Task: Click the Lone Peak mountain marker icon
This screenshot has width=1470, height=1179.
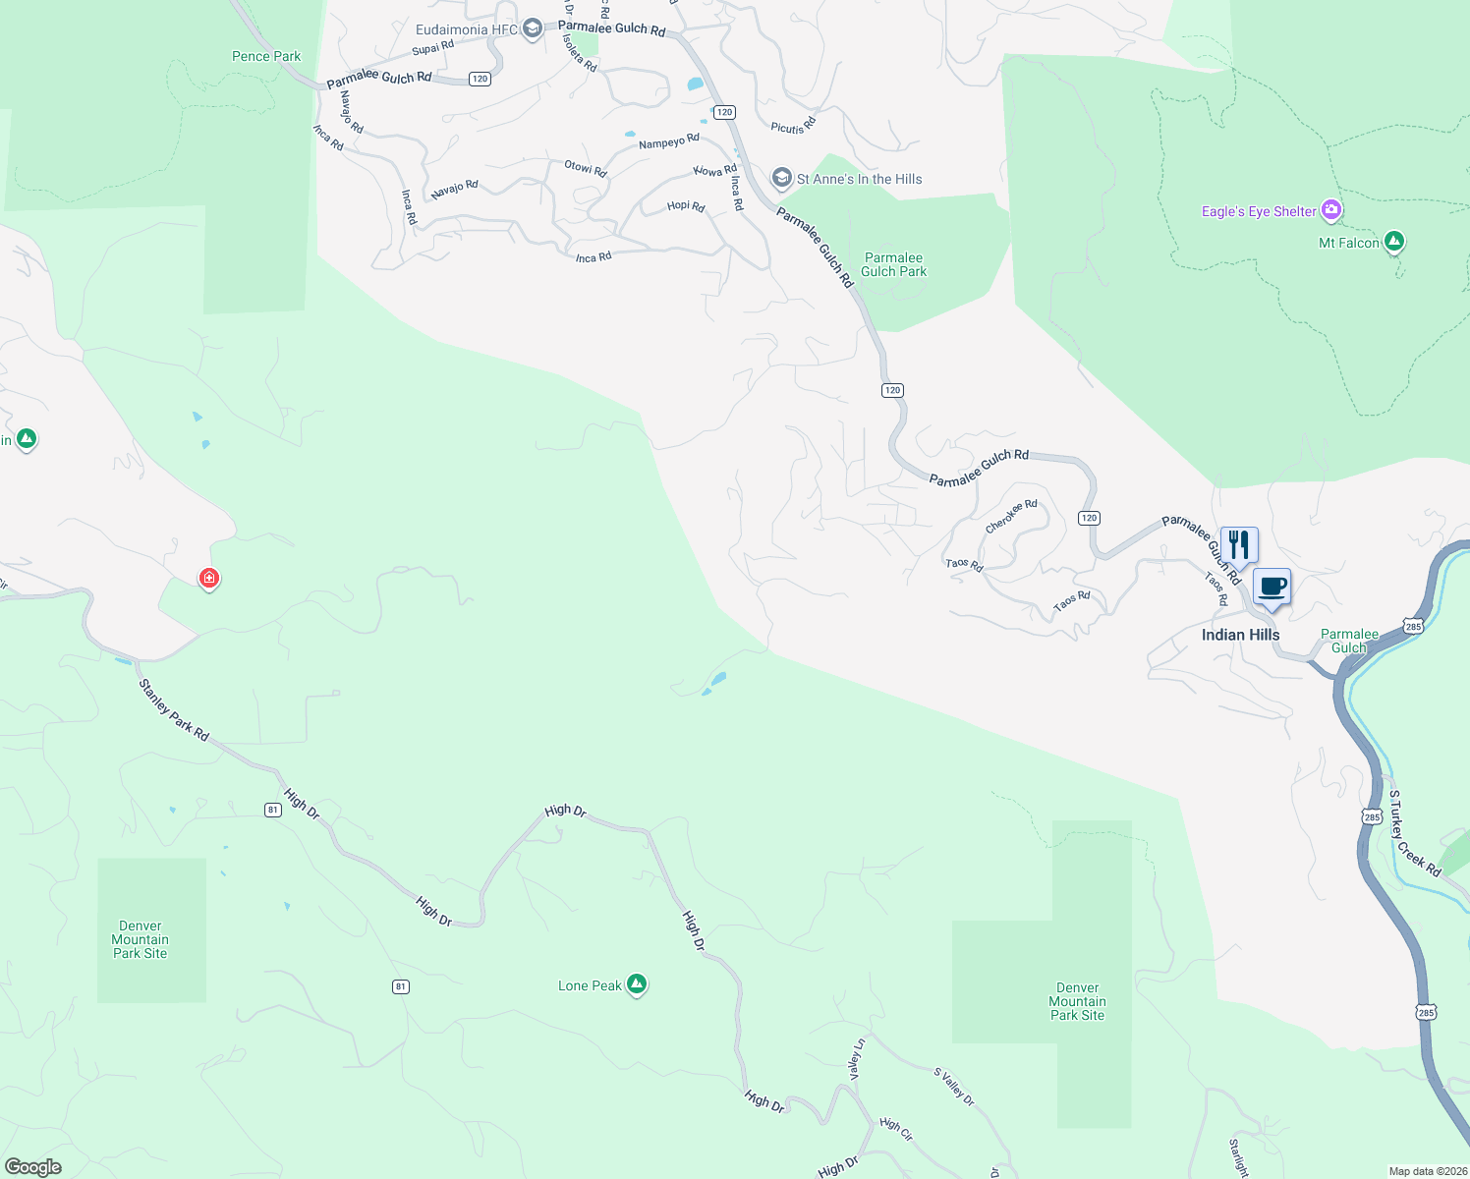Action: point(637,983)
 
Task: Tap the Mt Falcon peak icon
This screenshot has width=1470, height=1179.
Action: point(1393,242)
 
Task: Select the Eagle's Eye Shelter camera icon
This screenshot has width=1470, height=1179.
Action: point(1331,209)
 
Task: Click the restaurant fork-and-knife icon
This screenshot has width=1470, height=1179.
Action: point(1239,545)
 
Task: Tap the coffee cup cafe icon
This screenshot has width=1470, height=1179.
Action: point(1272,588)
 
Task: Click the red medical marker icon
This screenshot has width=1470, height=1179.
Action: point(208,578)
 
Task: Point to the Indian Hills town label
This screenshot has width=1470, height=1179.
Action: point(1240,635)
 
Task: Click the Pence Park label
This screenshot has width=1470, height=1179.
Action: point(266,56)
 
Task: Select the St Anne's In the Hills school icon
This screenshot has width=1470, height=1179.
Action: point(781,178)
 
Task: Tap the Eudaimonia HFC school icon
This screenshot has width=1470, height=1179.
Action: point(532,28)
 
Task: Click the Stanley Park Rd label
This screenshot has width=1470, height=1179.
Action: point(174,709)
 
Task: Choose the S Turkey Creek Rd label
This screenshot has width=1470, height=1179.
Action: point(1415,833)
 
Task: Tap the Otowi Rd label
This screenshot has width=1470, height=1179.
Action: point(586,168)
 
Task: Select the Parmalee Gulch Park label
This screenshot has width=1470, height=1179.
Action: point(893,264)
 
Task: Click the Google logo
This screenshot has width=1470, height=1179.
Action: point(33,1167)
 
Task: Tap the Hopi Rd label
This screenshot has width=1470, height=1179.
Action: point(686,206)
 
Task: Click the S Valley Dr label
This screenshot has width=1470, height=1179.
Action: point(954,1087)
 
